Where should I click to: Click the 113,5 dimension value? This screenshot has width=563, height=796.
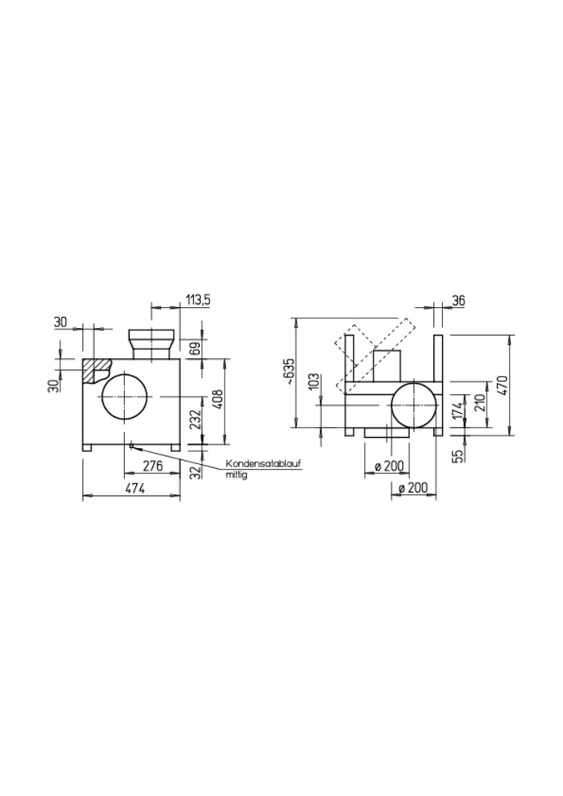coord(198,300)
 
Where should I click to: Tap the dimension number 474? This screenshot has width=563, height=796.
coord(135,489)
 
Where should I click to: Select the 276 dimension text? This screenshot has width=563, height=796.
coord(152,466)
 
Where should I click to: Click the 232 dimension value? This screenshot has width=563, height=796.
coord(196,419)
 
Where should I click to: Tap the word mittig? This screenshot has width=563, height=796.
coord(236,476)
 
